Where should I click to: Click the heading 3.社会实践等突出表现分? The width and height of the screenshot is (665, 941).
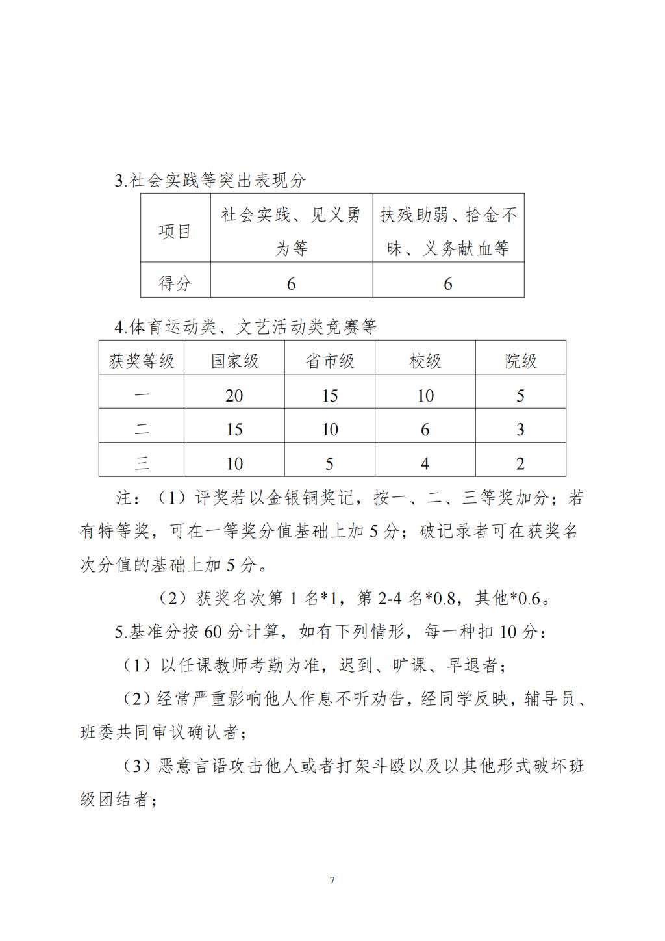pyautogui.click(x=210, y=181)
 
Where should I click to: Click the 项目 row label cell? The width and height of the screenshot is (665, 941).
pyautogui.click(x=175, y=231)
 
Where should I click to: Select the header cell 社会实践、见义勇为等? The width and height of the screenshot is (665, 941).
pyautogui.click(x=291, y=231)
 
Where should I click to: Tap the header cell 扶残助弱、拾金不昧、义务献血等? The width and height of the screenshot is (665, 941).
pyautogui.click(x=448, y=231)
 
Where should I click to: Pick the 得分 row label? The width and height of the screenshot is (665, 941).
pyautogui.click(x=175, y=283)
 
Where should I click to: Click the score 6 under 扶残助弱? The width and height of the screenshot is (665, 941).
pyautogui.click(x=447, y=284)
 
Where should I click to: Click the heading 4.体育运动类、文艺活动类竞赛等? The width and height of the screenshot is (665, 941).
pyautogui.click(x=245, y=327)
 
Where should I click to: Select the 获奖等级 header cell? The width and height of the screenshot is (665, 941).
pyautogui.click(x=142, y=361)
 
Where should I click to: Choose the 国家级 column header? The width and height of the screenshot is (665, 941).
pyautogui.click(x=234, y=361)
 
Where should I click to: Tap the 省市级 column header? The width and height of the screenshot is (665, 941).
pyautogui.click(x=330, y=361)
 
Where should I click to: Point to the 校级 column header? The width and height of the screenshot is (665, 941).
pyautogui.click(x=425, y=361)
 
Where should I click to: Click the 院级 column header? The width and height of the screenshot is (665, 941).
pyautogui.click(x=521, y=361)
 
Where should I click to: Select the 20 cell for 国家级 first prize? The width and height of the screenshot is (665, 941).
pyautogui.click(x=234, y=396)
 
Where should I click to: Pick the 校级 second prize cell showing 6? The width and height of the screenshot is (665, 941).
pyautogui.click(x=425, y=430)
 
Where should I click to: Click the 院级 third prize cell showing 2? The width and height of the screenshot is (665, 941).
pyautogui.click(x=520, y=464)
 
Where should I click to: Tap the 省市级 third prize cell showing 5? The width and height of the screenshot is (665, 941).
pyautogui.click(x=330, y=464)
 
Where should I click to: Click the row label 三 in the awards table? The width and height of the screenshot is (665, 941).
pyautogui.click(x=142, y=464)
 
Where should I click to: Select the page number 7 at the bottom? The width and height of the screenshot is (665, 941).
pyautogui.click(x=332, y=881)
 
